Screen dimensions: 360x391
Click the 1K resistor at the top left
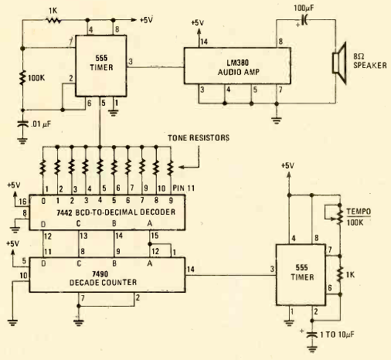pyautogui.click(x=52, y=20)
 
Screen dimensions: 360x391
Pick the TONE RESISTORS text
pyautogui.click(x=198, y=138)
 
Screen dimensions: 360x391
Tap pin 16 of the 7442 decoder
pyautogui.click(x=22, y=201)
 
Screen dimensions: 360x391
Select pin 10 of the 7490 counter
pyautogui.click(x=23, y=275)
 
